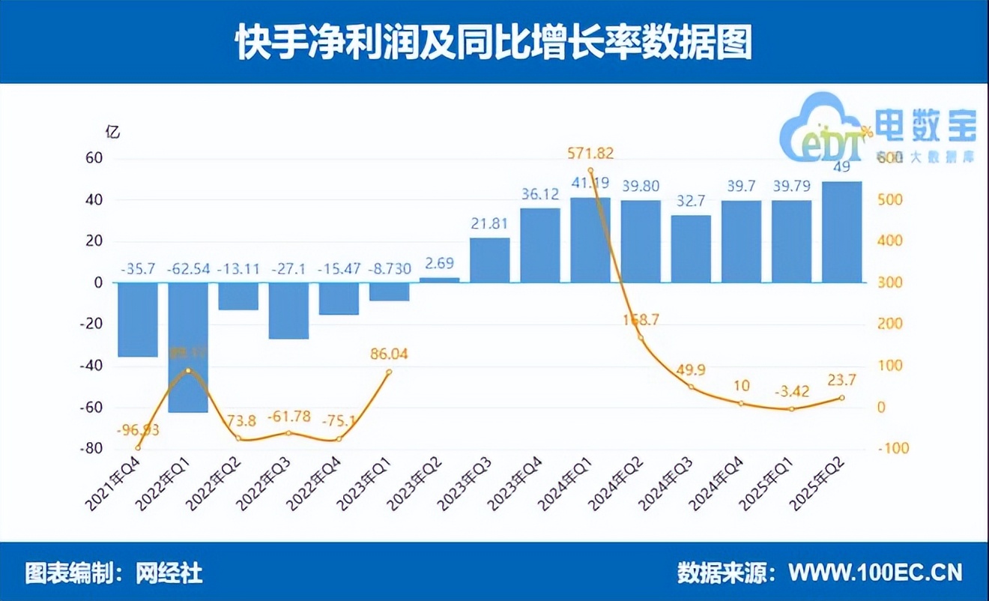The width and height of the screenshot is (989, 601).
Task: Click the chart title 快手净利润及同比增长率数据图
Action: (x=494, y=43)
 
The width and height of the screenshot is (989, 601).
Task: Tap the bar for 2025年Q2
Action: (x=841, y=232)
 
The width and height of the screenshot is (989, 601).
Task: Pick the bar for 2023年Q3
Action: (x=489, y=260)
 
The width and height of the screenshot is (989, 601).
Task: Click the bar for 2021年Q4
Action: (x=138, y=319)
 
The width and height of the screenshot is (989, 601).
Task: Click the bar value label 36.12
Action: (x=540, y=194)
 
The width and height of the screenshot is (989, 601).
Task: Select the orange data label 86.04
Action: (x=388, y=354)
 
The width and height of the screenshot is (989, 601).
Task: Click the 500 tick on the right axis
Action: (x=893, y=201)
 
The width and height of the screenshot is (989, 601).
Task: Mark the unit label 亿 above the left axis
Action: (x=112, y=132)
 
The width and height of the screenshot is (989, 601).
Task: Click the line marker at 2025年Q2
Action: (x=841, y=398)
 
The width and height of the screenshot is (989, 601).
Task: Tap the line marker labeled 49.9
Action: (x=691, y=387)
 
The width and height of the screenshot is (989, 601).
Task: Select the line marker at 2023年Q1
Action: (x=388, y=372)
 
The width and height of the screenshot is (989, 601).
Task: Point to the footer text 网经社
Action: (x=170, y=573)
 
